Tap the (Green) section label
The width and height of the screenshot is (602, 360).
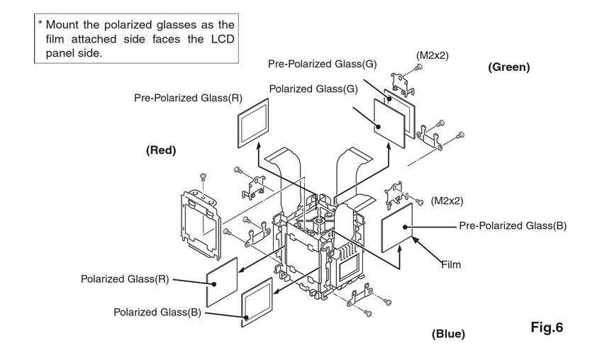[x=508, y=67]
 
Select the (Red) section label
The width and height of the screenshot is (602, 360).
[x=161, y=150]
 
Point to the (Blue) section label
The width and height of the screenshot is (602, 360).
[x=450, y=333]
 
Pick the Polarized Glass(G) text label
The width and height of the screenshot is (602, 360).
[x=311, y=88]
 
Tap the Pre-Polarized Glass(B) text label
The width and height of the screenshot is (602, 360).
[x=513, y=226]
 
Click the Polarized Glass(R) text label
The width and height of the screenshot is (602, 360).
[x=125, y=279]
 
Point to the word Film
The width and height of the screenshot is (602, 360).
[x=450, y=265]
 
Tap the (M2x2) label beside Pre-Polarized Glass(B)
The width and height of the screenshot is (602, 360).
[x=447, y=201]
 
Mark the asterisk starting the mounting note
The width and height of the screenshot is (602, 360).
[x=41, y=24]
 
